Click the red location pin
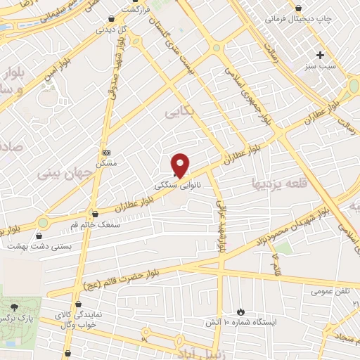click(x=181, y=165)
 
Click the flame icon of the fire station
click(x=241, y=311)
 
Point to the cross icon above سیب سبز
click(x=321, y=55)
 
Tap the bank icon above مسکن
click(x=107, y=153)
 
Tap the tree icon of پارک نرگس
click(x=14, y=308)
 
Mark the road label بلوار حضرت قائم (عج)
click(x=116, y=280)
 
